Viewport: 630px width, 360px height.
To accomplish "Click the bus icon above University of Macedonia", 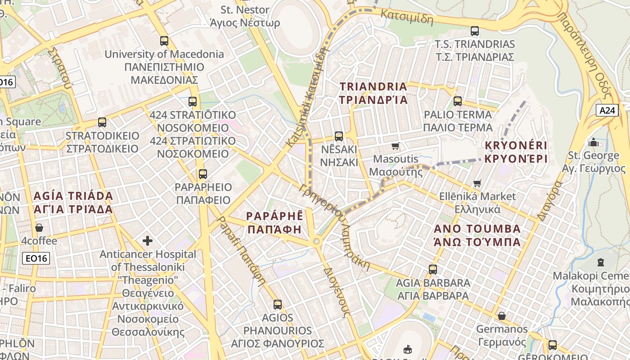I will (164, 41).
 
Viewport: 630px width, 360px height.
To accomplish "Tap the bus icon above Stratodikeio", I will (102, 122).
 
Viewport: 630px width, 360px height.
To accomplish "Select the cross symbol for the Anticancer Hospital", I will (148, 241).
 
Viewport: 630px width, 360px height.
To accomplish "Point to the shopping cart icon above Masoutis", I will (396, 146).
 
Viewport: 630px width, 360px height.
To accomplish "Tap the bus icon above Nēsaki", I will (339, 136).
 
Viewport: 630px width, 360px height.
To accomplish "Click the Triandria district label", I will (373, 93).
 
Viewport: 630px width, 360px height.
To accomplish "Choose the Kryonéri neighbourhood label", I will (516, 152).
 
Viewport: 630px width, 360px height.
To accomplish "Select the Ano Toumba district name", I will (477, 235).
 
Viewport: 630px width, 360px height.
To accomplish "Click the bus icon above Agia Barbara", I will (433, 270).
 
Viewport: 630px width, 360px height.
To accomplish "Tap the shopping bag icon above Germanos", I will (501, 316).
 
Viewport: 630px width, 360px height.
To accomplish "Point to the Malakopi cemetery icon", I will (600, 262).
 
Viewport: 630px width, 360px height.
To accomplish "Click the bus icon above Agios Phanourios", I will (278, 305).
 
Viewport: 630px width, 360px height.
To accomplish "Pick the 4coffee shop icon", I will (39, 228).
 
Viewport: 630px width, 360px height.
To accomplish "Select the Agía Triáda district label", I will (73, 202).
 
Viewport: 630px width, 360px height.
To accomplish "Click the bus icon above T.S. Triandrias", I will (475, 31).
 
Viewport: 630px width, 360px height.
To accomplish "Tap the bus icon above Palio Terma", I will (458, 101).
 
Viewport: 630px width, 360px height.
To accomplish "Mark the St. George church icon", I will (594, 142).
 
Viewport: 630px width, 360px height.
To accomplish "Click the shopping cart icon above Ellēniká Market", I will (477, 184).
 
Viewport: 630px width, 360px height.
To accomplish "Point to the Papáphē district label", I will (274, 222).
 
